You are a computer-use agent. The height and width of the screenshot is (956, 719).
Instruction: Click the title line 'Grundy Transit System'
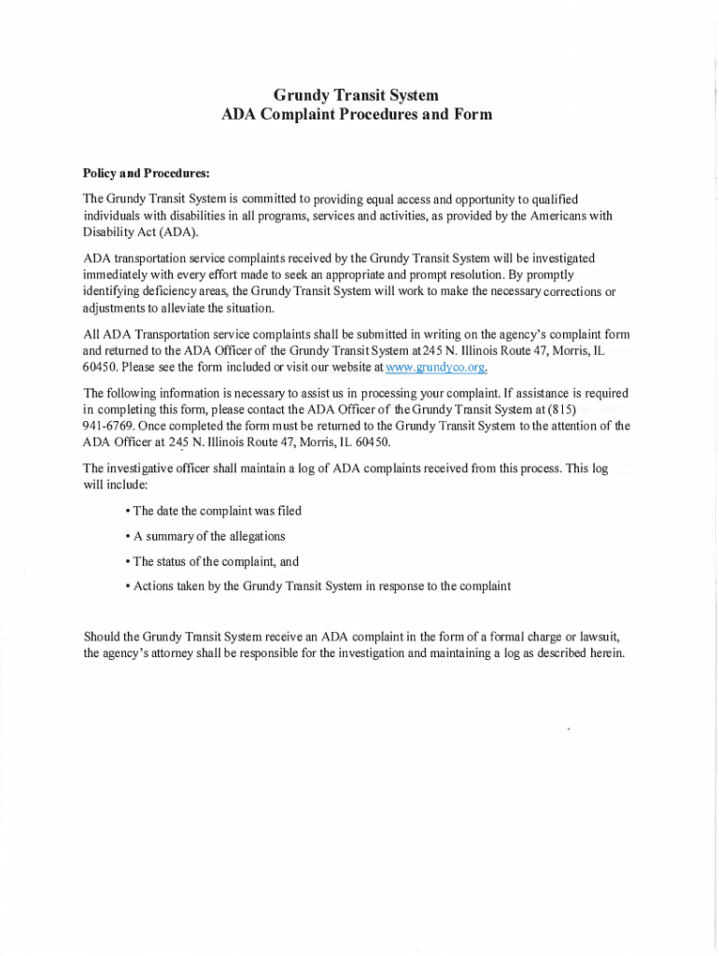355,95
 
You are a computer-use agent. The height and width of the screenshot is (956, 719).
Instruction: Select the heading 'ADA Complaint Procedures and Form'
355,115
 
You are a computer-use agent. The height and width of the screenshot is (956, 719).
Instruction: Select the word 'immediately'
117,274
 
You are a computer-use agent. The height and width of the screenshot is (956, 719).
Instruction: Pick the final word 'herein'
602,654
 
